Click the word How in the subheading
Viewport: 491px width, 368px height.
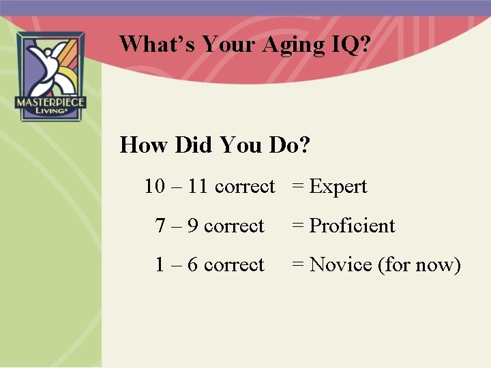tap(144, 145)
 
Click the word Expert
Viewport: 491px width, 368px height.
tap(338, 187)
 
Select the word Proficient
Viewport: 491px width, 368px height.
tap(352, 226)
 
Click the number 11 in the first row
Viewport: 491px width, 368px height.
tap(198, 186)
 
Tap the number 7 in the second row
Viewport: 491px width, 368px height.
tap(160, 226)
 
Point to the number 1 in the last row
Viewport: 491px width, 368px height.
tap(160, 264)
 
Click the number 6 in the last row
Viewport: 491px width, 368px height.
tap(193, 264)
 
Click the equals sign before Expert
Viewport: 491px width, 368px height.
tap(297, 187)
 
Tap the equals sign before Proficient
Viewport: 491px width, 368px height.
tap(297, 226)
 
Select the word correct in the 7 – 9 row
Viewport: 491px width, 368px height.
tap(234, 226)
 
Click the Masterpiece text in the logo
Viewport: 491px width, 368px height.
tap(50, 103)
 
